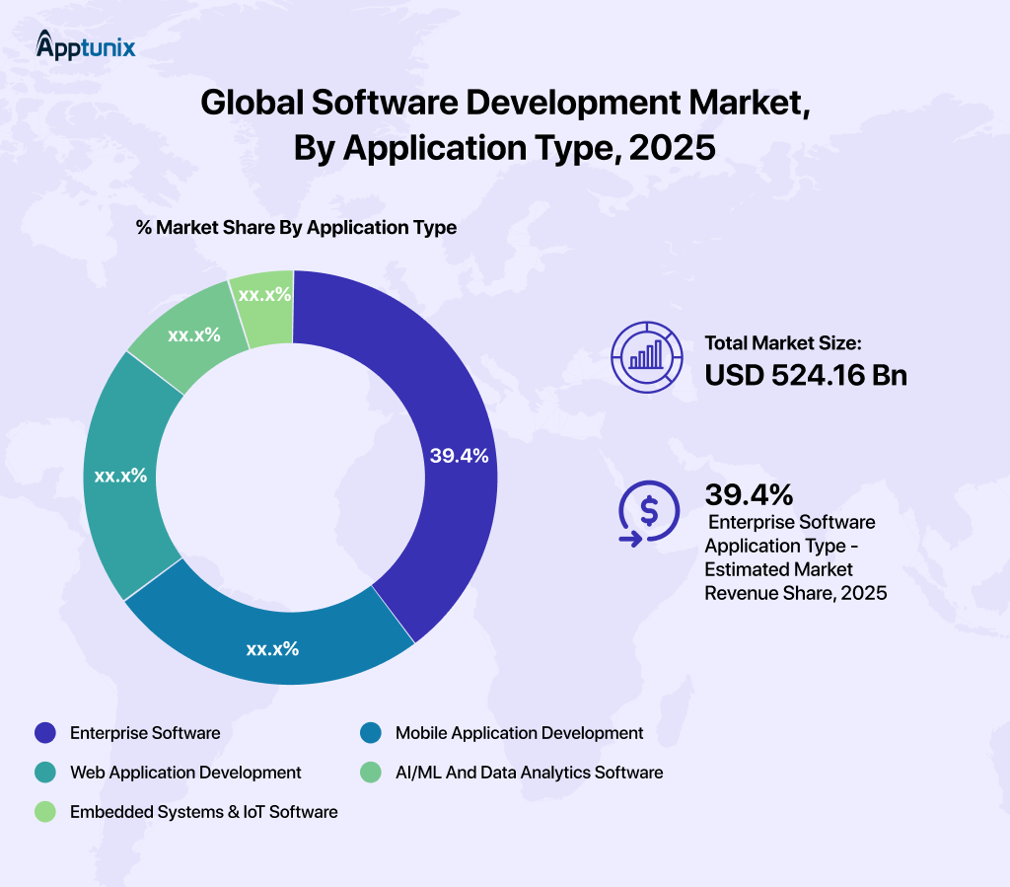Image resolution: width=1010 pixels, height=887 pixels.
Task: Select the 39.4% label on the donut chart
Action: pyautogui.click(x=459, y=456)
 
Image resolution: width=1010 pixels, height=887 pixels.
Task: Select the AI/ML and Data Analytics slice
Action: pyautogui.click(x=187, y=335)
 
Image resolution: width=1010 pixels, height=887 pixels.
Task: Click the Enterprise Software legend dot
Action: pyautogui.click(x=44, y=733)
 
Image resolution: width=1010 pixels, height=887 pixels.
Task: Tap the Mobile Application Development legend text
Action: pyautogui.click(x=519, y=733)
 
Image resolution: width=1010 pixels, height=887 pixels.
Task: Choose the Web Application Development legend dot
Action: pyautogui.click(x=44, y=773)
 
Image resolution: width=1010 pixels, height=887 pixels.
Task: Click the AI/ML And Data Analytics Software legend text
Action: pyautogui.click(x=529, y=773)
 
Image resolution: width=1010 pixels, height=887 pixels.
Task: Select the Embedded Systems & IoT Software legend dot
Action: pyautogui.click(x=44, y=812)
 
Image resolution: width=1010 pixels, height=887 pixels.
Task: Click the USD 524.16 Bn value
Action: pyautogui.click(x=805, y=376)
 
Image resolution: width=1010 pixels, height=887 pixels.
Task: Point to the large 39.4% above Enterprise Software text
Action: pyautogui.click(x=749, y=494)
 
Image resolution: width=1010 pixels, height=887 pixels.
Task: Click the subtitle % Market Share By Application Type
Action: pyautogui.click(x=296, y=227)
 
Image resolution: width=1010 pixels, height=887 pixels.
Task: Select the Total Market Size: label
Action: pyautogui.click(x=783, y=343)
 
